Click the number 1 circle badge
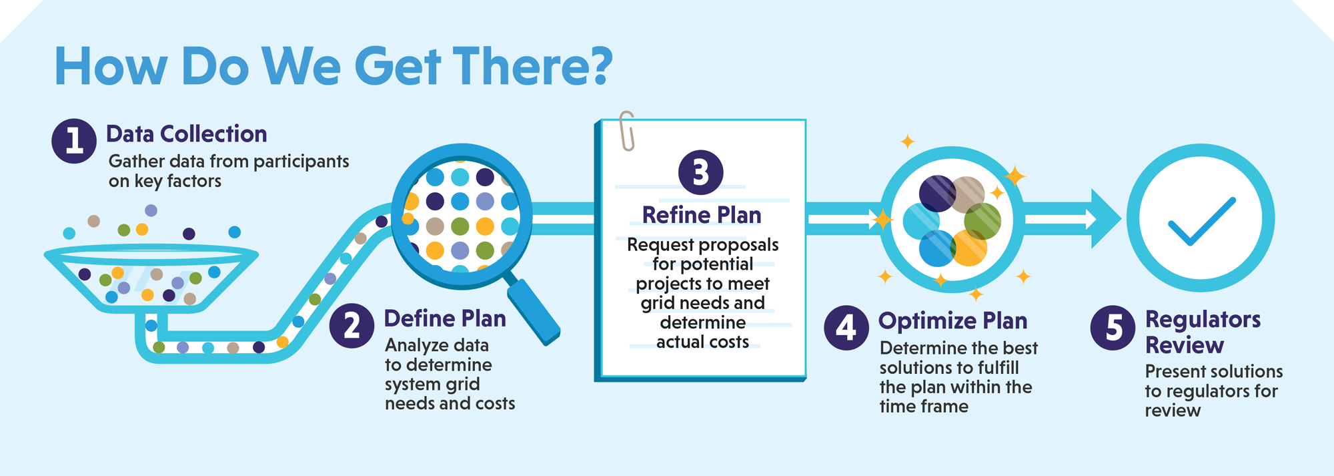tap(74, 141)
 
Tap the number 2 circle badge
tap(352, 326)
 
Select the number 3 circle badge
tap(700, 172)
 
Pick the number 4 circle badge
tap(846, 328)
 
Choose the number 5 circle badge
tap(1113, 328)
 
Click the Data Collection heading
tap(186, 134)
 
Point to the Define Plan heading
tap(445, 318)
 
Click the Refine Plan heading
tap(701, 215)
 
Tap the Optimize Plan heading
tap(952, 321)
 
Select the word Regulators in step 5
tap(1203, 319)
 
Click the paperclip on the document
tap(626, 130)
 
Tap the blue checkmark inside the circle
tap(1201, 222)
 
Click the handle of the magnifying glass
tap(534, 310)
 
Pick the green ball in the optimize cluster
tap(982, 221)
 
